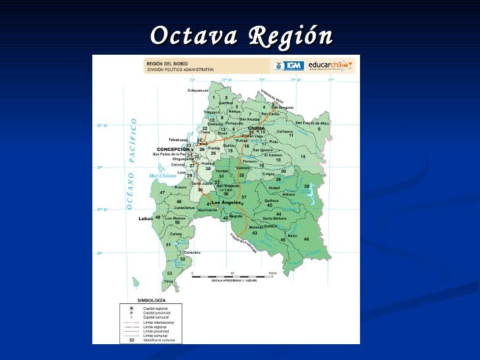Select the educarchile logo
[x=332, y=65]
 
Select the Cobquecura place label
[x=198, y=90]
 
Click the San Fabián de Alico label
[x=312, y=123]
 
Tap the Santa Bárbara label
[x=275, y=218]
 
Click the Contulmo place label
[x=192, y=253]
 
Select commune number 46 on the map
[x=306, y=239]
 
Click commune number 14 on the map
[x=303, y=156]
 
